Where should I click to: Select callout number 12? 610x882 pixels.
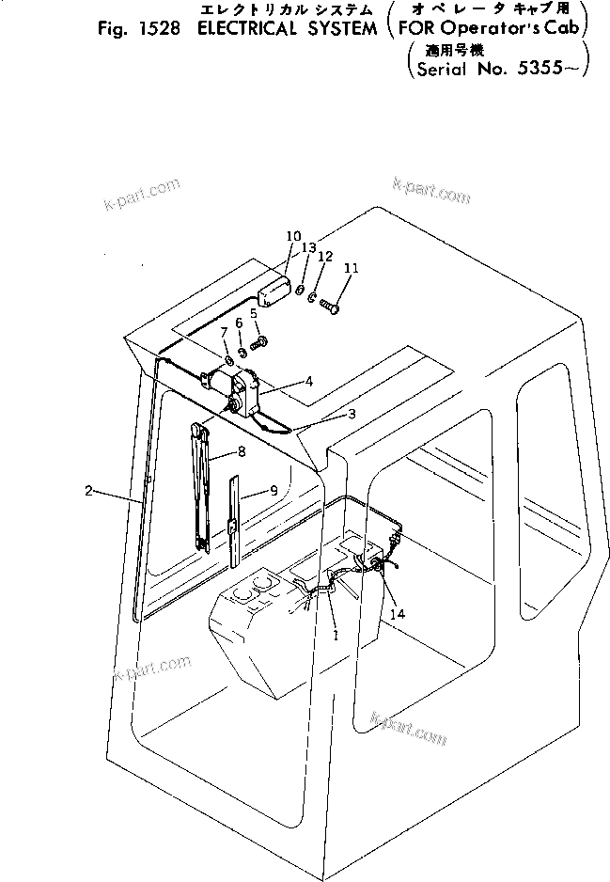pos(325,256)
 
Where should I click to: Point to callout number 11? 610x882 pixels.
pos(351,268)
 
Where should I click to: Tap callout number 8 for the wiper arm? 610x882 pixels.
pos(242,451)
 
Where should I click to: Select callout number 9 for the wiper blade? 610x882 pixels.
pos(274,490)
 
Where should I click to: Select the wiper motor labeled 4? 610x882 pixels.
pos(236,390)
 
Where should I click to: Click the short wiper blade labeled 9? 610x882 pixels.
pos(233,522)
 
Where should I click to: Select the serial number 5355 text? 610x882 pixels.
pos(548,69)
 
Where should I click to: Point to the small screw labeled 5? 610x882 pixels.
pos(262,341)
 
